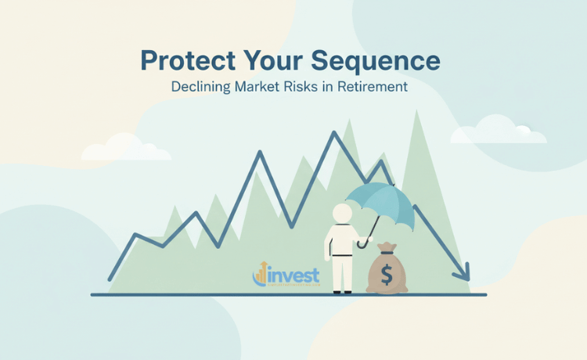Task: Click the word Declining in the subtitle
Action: [201, 87]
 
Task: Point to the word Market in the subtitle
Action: [262, 87]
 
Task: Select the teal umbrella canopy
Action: [380, 199]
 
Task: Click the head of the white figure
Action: [342, 213]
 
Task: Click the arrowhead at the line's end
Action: [463, 273]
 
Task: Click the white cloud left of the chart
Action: [126, 148]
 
